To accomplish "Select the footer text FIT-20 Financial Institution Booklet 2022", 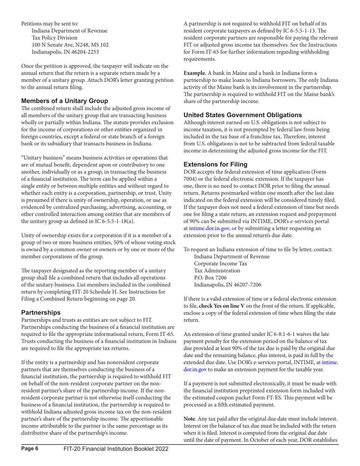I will point(116,459).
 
